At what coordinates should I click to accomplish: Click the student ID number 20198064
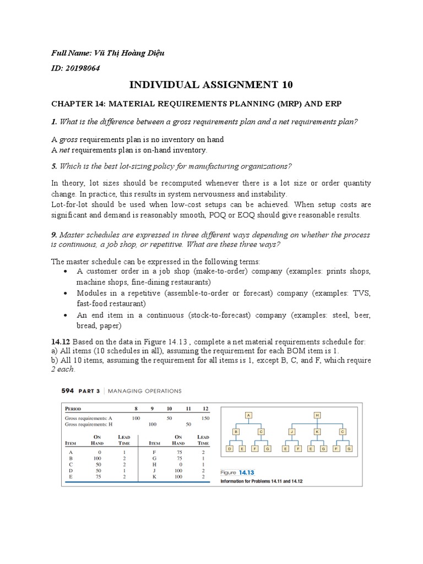point(83,67)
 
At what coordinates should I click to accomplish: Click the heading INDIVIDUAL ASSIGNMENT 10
point(211,84)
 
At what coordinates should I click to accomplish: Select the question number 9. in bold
point(55,235)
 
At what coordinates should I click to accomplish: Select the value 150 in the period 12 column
point(205,419)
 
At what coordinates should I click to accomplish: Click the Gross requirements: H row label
point(85,425)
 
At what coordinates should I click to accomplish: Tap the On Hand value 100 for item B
point(98,458)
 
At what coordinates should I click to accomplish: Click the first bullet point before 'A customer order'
point(66,272)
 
